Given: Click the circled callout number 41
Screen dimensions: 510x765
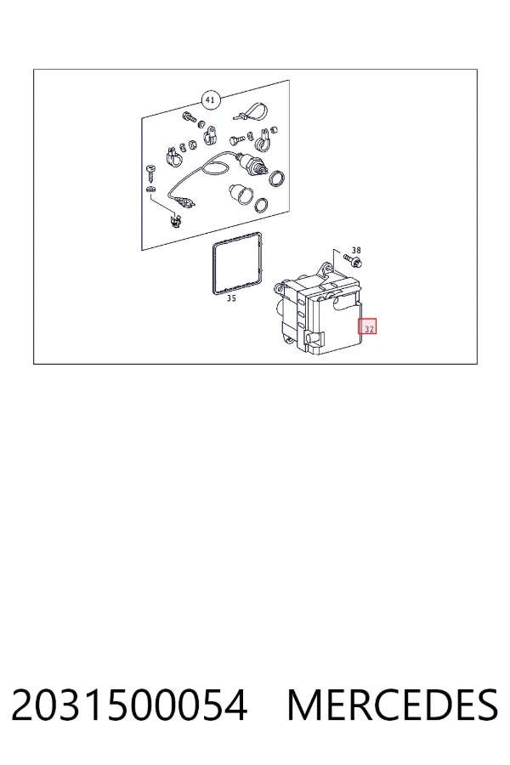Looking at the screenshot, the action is [210, 100].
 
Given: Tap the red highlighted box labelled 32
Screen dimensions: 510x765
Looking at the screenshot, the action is [367, 326].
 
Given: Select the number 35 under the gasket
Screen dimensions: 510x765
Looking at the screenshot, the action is [231, 298].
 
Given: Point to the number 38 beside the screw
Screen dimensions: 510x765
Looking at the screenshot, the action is [356, 251].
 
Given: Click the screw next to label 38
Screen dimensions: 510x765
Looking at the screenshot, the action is [354, 261].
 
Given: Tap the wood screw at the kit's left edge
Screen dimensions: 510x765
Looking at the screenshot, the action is [150, 172].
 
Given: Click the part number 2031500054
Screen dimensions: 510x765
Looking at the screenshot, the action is [129, 705].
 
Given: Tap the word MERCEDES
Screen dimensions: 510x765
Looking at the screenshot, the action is [393, 705].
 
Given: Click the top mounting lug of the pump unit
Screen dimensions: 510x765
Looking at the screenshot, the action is [326, 269].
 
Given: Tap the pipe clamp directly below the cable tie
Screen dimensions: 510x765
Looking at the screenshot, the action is [263, 139].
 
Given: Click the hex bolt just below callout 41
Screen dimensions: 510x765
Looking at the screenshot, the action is [189, 117].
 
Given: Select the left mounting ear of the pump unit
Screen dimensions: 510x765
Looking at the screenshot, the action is [280, 288].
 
